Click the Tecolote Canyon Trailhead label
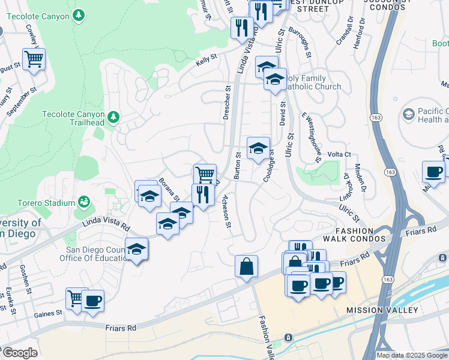73,118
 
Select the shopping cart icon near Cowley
34,59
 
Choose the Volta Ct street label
339,154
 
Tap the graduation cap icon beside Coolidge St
258,148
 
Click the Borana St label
169,189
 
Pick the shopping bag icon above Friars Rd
246,266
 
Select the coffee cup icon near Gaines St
92,301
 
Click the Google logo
19,353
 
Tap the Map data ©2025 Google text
412,355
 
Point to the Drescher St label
227,102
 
